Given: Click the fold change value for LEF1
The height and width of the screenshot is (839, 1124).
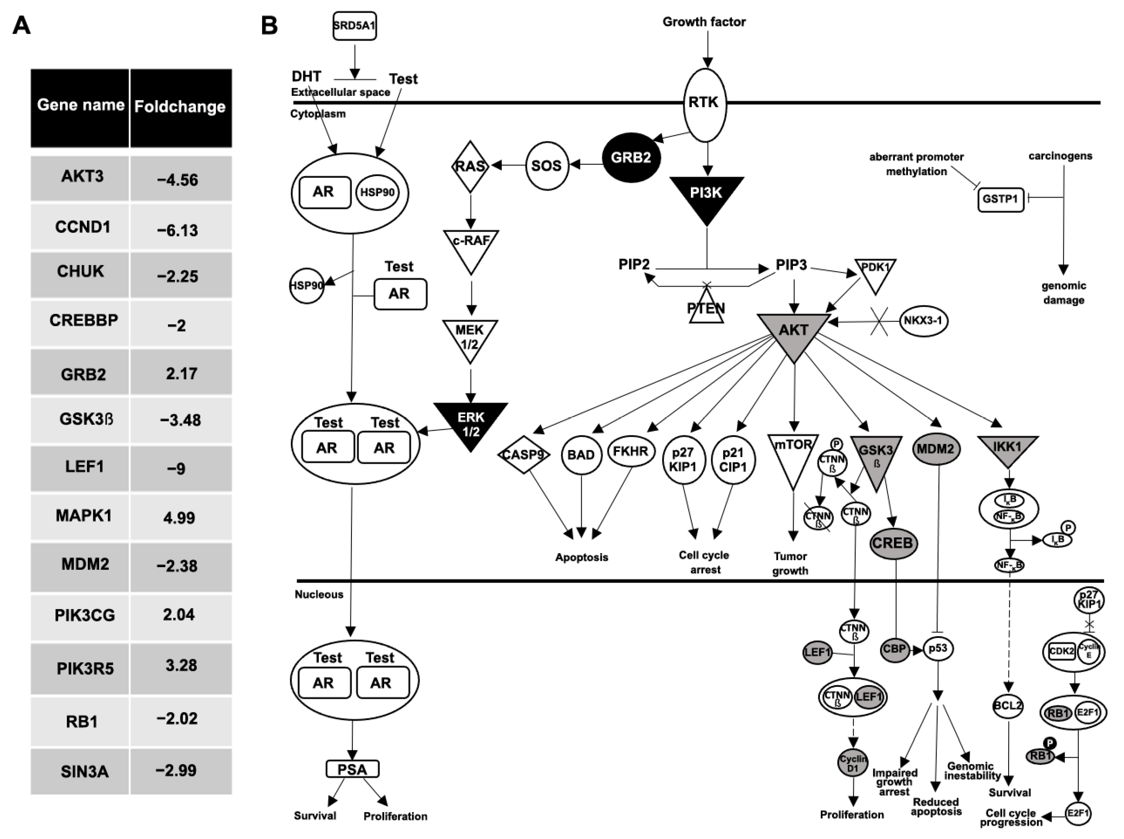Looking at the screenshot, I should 177,468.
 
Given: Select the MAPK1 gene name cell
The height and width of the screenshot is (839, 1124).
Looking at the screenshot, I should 83,516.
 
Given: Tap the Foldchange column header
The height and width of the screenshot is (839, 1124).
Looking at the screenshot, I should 180,107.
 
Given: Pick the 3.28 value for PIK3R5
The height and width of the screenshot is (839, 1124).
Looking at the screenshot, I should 181,665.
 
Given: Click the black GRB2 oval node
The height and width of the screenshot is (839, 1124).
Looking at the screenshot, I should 631,158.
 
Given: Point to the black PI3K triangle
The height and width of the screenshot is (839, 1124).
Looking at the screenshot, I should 706,196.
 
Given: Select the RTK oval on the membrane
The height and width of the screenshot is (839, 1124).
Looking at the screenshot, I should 704,104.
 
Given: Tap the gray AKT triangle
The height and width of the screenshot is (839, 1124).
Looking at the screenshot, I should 793,333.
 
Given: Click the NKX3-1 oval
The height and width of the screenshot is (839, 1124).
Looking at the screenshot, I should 923,321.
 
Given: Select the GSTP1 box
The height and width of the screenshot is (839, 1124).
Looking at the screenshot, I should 1000,199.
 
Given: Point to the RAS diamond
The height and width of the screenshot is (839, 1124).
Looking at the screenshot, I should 470,166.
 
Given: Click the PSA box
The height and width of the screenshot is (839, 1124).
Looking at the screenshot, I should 352,769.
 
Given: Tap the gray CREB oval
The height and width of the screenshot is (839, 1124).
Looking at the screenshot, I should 893,543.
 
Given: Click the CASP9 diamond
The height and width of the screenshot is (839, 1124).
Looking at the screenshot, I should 523,455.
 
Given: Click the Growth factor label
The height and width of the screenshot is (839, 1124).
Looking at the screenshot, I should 704,22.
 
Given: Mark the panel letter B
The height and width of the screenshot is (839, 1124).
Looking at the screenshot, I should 269,25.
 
